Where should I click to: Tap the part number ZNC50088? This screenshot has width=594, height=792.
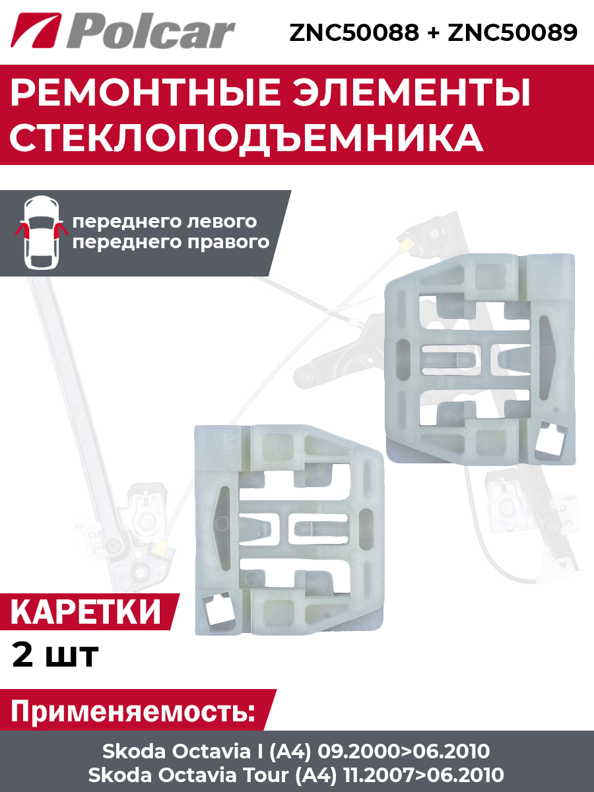pyautogui.click(x=354, y=32)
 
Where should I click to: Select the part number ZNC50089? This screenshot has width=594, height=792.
pyautogui.click(x=513, y=32)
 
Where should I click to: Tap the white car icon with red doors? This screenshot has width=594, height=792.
pyautogui.click(x=41, y=232)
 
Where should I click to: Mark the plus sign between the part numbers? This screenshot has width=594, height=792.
pyautogui.click(x=433, y=32)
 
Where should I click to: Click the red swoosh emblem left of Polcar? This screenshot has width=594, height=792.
pyautogui.click(x=36, y=30)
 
